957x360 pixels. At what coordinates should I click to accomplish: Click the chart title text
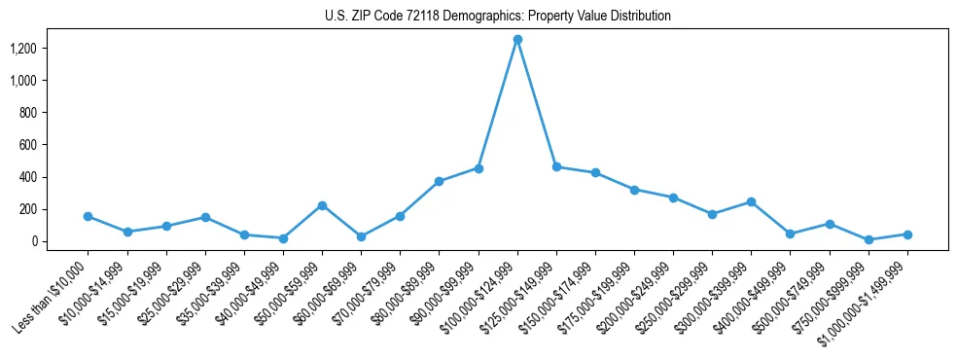pyautogui.click(x=497, y=17)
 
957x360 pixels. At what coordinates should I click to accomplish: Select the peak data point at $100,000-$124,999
pyautogui.click(x=517, y=39)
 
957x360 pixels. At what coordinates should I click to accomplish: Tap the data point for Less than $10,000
pyautogui.click(x=89, y=216)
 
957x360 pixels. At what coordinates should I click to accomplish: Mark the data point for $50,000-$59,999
pyautogui.click(x=322, y=205)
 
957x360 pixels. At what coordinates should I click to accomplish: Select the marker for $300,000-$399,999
pyautogui.click(x=751, y=201)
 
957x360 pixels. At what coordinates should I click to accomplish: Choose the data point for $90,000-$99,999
pyautogui.click(x=478, y=168)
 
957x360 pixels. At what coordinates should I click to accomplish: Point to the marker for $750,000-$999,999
pyautogui.click(x=868, y=239)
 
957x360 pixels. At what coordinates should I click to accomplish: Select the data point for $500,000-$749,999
pyautogui.click(x=830, y=224)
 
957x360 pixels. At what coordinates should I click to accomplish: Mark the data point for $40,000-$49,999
pyautogui.click(x=283, y=238)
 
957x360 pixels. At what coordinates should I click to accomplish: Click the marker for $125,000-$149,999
pyautogui.click(x=556, y=166)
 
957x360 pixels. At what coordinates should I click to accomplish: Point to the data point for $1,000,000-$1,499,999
pyautogui.click(x=907, y=234)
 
